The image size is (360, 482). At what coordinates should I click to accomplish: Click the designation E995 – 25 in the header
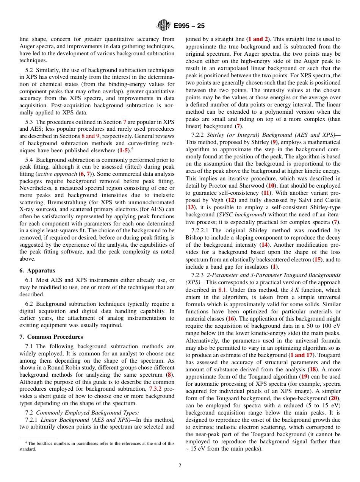pos(189,26)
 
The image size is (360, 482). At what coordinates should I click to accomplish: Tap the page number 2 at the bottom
pos(180,466)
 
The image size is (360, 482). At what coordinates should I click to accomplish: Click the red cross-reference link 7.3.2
pos(155,389)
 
